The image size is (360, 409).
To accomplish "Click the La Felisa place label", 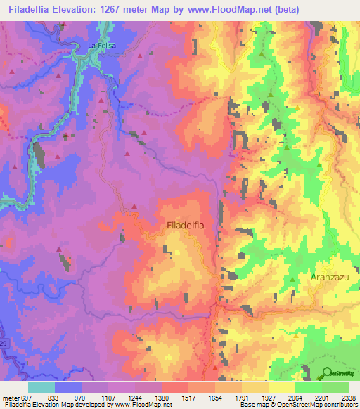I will coord(101,46).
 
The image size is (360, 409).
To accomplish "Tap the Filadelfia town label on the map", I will coord(186,226).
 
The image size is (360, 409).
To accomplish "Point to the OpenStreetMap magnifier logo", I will coord(327,373).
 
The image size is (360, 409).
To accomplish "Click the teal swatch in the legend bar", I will coord(41,387).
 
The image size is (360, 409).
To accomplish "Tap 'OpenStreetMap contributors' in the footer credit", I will coord(314,405).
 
